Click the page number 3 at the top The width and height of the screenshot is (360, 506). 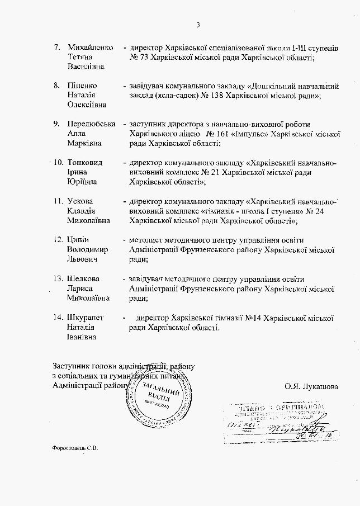pos(198,24)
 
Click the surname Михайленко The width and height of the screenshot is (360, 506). pos(90,47)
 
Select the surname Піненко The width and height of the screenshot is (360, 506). pos(82,86)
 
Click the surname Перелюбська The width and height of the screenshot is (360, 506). pos(91,124)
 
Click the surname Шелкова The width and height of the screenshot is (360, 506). pos(83,278)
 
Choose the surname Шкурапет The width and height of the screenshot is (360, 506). pos(86,318)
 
